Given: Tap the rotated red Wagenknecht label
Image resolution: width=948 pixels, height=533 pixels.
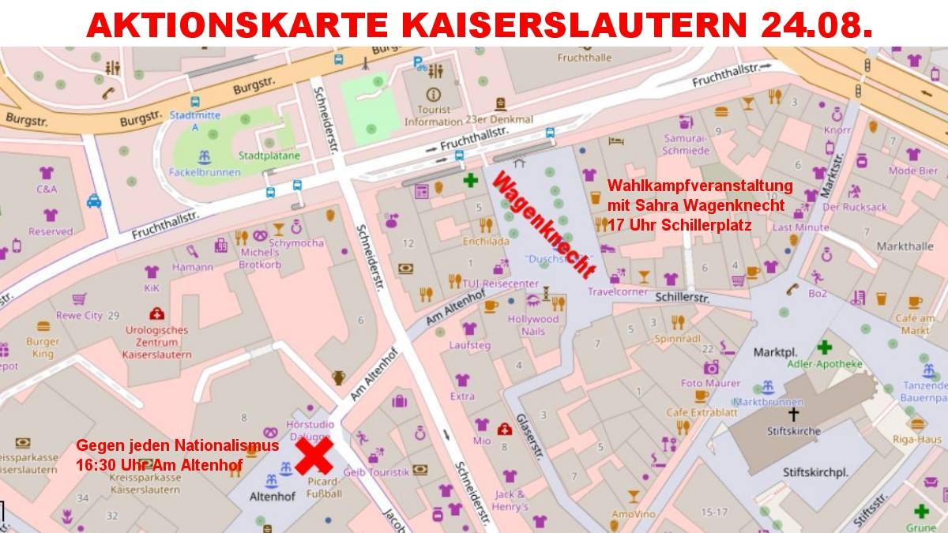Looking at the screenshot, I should click(x=543, y=226).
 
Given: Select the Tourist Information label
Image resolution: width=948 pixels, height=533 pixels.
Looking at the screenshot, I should click(x=433, y=116).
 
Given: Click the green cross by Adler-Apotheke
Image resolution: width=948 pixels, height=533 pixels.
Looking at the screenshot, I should click(x=824, y=347).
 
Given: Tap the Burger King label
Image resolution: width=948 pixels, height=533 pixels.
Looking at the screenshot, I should click(x=43, y=347).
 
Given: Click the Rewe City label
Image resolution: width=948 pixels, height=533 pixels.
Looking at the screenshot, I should click(x=79, y=315).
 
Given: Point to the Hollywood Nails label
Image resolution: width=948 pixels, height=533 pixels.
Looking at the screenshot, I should click(x=533, y=325).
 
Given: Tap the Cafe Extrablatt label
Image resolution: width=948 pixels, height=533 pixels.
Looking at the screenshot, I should click(x=701, y=412).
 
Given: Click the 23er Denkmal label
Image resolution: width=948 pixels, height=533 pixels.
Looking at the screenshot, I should click(x=499, y=119).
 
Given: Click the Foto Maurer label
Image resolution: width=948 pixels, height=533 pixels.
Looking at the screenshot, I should click(x=711, y=383).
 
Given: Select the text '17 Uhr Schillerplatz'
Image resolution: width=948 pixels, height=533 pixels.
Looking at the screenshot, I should click(x=679, y=224).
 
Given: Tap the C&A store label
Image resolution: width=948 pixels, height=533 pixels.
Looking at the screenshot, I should click(x=47, y=190).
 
